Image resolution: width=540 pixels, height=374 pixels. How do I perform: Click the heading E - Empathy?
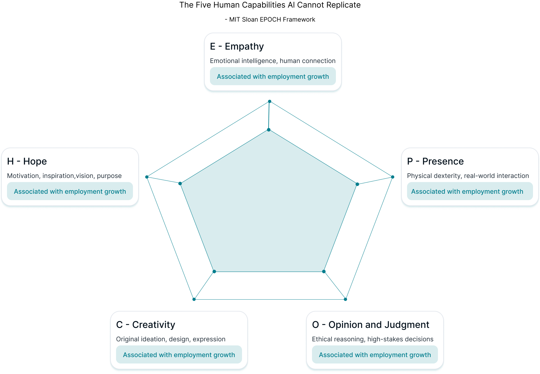[x=237, y=47]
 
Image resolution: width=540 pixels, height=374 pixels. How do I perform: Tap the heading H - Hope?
[x=27, y=162]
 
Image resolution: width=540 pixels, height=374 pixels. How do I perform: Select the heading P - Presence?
[x=435, y=162]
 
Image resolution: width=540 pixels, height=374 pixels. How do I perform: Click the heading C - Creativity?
[x=145, y=325]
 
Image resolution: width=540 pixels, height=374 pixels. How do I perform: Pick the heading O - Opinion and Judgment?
[x=370, y=325]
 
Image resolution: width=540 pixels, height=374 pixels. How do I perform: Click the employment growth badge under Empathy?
[x=273, y=76]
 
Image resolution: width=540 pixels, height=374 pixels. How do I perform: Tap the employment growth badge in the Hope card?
[x=70, y=191]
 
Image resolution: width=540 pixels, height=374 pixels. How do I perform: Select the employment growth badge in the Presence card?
[x=467, y=191]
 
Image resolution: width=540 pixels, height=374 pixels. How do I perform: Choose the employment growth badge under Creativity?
[x=179, y=355]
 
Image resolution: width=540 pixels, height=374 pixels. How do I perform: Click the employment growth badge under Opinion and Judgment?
[x=375, y=355]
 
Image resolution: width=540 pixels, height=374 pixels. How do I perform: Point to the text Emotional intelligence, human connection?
[x=273, y=61]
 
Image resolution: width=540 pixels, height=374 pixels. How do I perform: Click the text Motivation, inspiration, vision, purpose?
[x=64, y=176]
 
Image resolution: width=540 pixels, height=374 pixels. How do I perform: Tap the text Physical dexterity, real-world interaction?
[x=468, y=176]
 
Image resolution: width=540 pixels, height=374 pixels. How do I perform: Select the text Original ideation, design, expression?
[x=171, y=339]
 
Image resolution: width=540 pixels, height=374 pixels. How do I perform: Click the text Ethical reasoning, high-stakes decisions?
[x=373, y=339]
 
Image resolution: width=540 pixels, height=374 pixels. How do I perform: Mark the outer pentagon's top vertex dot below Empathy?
[x=270, y=102]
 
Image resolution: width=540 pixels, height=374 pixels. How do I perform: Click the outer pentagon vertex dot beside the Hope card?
[x=147, y=177]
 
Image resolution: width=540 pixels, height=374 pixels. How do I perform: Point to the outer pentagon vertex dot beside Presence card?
[x=392, y=177]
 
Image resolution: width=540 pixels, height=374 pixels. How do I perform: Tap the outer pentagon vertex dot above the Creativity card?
[x=194, y=299]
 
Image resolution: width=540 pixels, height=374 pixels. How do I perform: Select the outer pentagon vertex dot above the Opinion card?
[x=346, y=299]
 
